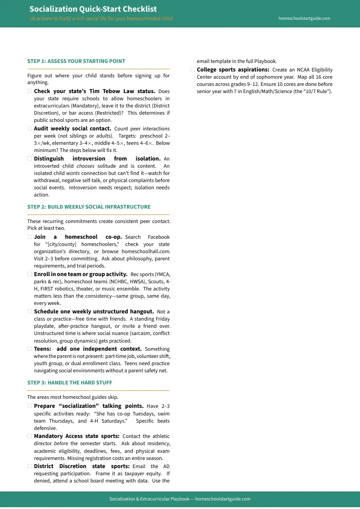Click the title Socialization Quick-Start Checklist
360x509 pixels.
pyautogui.click(x=93, y=9)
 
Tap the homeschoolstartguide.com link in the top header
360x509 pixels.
pyautogui.click(x=304, y=18)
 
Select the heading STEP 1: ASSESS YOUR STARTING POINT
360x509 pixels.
pyautogui.click(x=76, y=61)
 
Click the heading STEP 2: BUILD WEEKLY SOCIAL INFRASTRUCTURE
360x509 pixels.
pyautogui.click(x=89, y=207)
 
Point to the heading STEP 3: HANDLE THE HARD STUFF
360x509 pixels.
pyautogui.click(x=70, y=383)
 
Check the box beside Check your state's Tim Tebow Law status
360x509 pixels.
pyautogui.click(x=30, y=91)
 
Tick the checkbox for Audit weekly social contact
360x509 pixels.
pyautogui.click(x=30, y=129)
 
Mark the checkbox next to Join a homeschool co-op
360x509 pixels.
pyautogui.click(x=30, y=237)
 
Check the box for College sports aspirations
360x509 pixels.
pyautogui.click(x=193, y=70)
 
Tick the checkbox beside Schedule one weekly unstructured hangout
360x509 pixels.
pyautogui.click(x=30, y=312)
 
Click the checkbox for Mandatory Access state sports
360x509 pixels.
pyautogui.click(x=30, y=436)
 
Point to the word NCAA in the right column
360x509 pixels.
pyautogui.click(x=299, y=70)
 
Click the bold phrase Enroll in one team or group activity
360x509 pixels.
pyautogui.click(x=81, y=274)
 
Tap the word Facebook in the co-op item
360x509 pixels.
pyautogui.click(x=158, y=237)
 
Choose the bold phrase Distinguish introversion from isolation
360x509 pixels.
pyautogui.click(x=97, y=159)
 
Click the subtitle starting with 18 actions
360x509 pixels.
pyautogui.click(x=101, y=18)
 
